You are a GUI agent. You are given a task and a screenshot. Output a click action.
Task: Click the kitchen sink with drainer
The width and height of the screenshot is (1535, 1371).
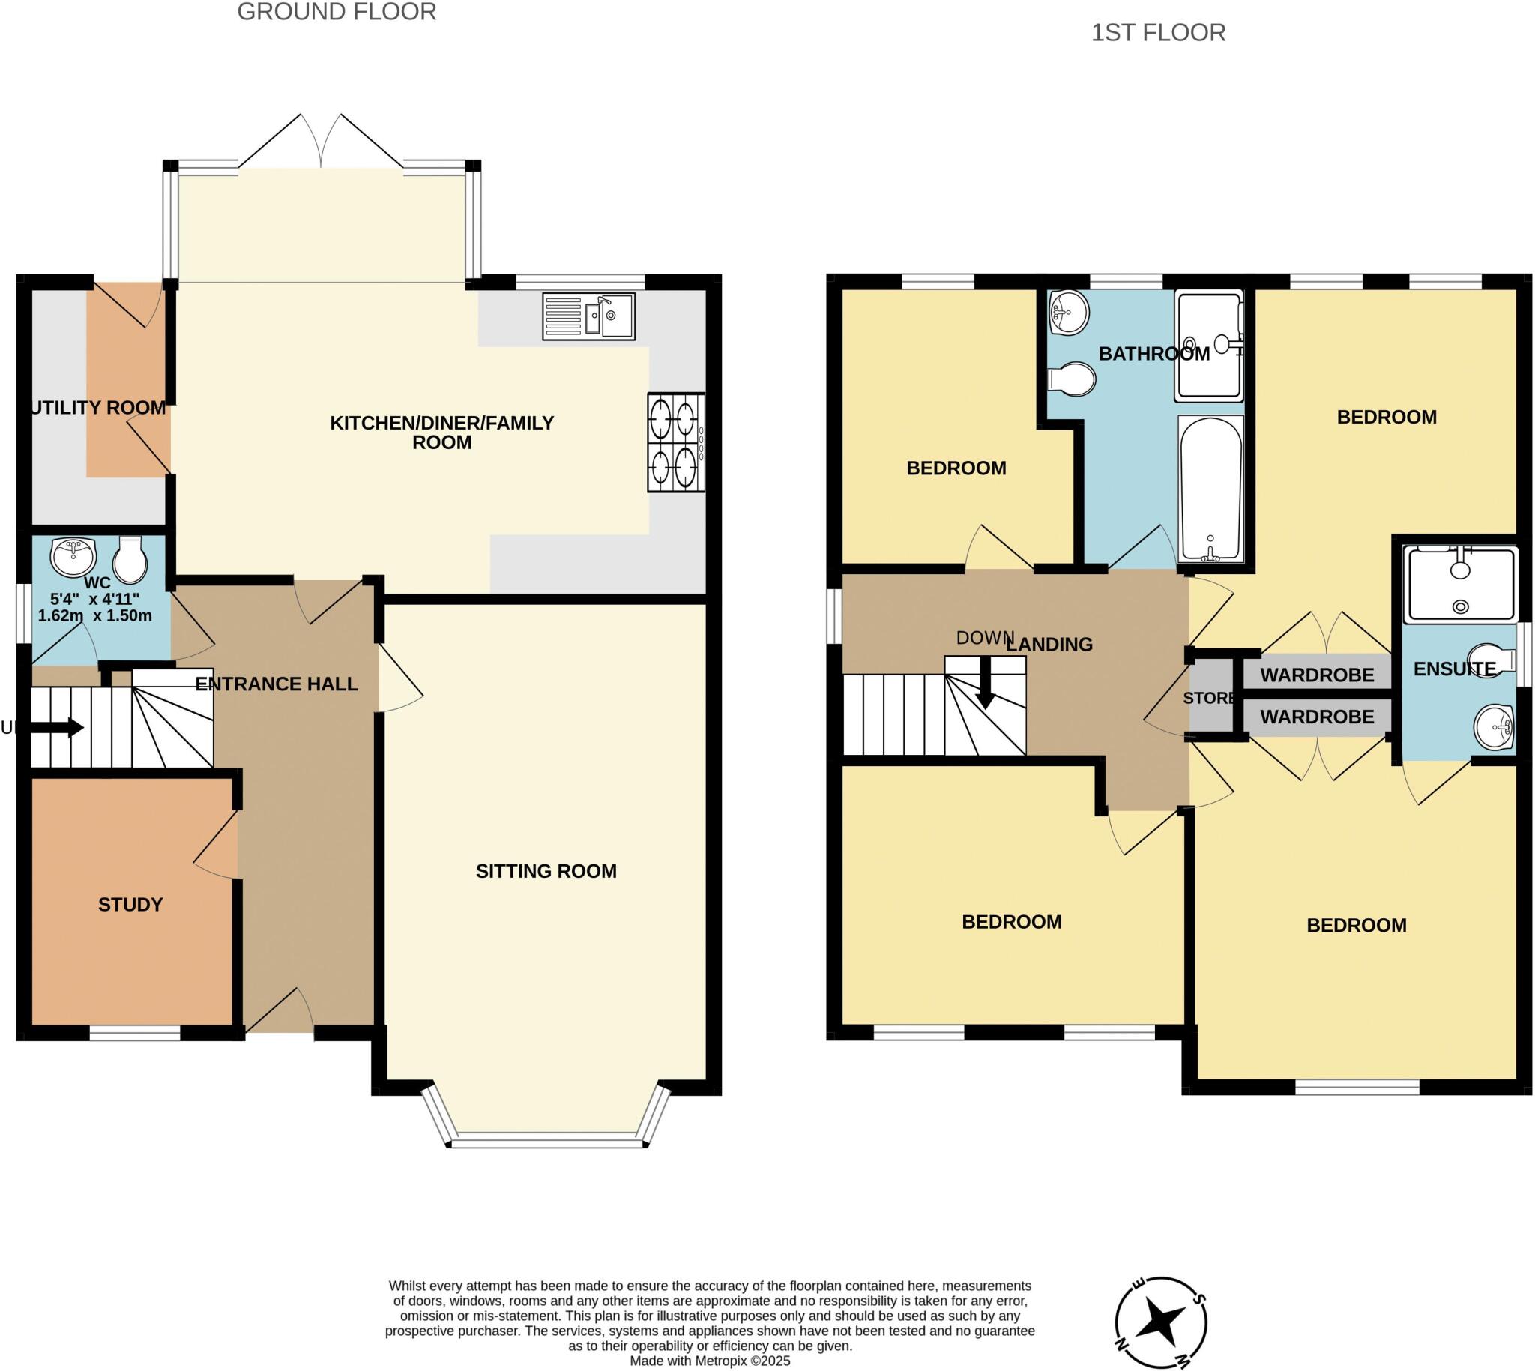click(588, 316)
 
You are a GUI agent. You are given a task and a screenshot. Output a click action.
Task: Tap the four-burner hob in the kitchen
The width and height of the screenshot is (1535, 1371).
click(675, 443)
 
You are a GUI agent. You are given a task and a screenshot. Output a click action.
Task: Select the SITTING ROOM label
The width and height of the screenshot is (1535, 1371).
click(546, 872)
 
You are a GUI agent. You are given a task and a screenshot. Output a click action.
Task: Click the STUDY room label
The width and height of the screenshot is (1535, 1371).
click(130, 905)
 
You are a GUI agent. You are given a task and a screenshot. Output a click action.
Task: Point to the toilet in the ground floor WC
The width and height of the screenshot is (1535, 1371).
click(130, 561)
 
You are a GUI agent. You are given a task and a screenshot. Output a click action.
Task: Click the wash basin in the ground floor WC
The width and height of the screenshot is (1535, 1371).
click(73, 557)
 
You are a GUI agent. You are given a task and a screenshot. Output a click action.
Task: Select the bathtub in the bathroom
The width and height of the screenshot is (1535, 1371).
click(1210, 489)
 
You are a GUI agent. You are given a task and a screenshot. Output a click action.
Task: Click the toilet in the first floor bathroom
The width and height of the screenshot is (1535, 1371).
click(1073, 379)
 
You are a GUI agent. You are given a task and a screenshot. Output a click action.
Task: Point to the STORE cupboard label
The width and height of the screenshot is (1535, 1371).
click(1209, 699)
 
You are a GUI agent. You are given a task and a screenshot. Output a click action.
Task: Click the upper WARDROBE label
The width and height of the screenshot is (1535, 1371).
click(1317, 675)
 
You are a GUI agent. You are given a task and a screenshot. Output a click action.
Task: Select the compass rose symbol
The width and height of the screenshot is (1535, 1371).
click(1161, 1322)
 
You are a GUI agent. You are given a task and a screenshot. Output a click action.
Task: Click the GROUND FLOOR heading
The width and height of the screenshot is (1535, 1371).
click(337, 13)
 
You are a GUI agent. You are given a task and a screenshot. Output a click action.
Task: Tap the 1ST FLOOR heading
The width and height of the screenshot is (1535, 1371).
click(1158, 33)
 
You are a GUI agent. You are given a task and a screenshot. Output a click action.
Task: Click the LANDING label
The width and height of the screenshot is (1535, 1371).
click(1049, 645)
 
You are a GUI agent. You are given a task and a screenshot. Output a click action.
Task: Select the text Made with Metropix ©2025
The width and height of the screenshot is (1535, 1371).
click(710, 1361)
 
